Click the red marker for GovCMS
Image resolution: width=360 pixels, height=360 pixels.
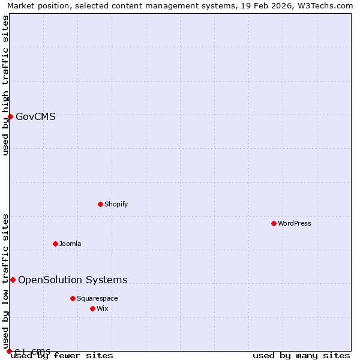click(10, 116)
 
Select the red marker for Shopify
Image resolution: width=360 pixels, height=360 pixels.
click(100, 204)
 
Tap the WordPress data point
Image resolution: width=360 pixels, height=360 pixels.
click(274, 223)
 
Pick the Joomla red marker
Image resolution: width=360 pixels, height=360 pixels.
click(55, 244)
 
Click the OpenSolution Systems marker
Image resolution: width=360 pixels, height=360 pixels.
click(13, 280)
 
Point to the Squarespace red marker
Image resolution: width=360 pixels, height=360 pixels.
click(73, 298)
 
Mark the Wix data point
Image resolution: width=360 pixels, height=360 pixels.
click(92, 308)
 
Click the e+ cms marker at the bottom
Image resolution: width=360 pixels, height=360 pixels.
click(9, 351)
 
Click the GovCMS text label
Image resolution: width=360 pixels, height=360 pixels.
click(35, 117)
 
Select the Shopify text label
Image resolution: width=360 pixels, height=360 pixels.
click(116, 204)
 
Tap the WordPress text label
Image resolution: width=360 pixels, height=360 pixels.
click(294, 223)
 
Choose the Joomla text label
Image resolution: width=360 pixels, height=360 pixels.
click(70, 244)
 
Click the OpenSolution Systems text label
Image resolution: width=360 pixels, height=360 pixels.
click(73, 280)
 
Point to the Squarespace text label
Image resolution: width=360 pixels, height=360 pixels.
click(97, 298)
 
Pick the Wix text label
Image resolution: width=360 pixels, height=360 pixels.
click(103, 308)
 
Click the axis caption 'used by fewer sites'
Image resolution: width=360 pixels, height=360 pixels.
click(62, 355)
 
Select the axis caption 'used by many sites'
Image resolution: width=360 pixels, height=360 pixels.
click(301, 355)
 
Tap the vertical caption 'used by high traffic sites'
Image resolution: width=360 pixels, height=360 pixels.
click(5, 85)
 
